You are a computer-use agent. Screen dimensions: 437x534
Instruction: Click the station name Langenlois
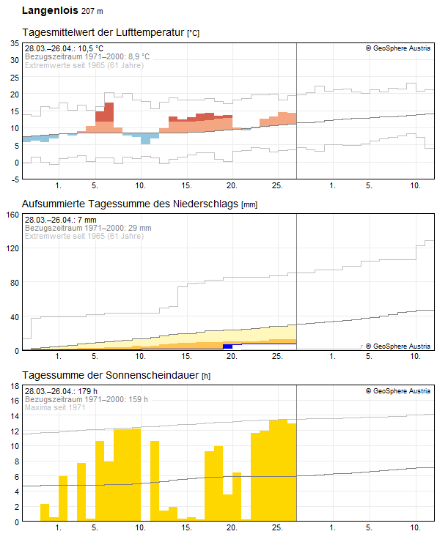coord(50,10)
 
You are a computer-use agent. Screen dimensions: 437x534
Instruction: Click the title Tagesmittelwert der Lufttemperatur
coord(103,32)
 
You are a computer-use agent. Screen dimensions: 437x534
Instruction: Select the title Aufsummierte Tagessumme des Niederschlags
coord(130,204)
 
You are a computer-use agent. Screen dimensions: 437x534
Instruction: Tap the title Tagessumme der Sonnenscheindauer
coord(111,375)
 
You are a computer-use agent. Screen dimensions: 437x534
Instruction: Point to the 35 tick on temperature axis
coord(15,43)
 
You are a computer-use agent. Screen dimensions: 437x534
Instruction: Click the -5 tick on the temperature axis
coord(15,179)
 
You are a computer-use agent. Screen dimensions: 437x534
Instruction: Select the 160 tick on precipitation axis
coord(12,215)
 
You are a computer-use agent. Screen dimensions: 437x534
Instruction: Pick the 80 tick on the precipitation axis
coord(15,283)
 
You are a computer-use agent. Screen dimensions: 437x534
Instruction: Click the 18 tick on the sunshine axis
coord(15,386)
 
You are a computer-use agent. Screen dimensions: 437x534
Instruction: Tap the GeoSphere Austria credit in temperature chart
coord(398,48)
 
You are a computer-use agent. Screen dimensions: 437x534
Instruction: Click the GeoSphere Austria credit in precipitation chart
coord(398,346)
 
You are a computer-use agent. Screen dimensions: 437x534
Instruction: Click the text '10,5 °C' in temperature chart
coord(90,48)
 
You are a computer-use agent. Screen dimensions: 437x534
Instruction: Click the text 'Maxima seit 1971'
coord(55,407)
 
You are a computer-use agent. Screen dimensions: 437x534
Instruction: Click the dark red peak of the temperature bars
coord(109,112)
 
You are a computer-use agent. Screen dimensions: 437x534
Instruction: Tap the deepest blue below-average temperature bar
coord(146,138)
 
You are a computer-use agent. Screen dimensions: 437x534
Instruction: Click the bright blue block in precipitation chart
coord(228,346)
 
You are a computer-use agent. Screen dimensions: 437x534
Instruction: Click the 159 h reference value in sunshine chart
coord(139,399)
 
